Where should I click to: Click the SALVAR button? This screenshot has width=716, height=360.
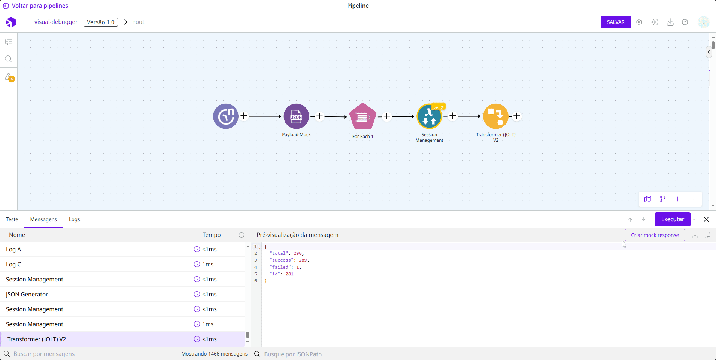point(615,22)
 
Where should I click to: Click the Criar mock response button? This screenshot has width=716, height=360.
point(655,235)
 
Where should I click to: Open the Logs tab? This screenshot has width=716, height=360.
point(74,219)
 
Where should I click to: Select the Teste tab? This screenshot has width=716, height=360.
point(12,219)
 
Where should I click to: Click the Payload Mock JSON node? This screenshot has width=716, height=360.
point(296,116)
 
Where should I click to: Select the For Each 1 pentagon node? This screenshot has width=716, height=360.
point(362,117)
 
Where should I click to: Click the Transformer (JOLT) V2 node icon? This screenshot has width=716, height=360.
point(495,116)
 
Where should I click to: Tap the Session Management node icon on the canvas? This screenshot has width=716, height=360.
point(429,116)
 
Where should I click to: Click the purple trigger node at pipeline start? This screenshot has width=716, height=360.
point(226,116)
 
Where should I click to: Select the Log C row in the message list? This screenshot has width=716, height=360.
point(13,264)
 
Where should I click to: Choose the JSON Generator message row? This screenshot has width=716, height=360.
point(27,294)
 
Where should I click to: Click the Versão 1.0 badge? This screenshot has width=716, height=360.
point(100,22)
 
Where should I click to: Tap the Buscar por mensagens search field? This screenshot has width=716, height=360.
point(75,354)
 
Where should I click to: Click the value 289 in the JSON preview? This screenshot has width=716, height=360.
point(303,260)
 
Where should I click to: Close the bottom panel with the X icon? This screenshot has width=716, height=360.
point(706,219)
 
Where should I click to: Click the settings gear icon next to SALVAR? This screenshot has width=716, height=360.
point(639,22)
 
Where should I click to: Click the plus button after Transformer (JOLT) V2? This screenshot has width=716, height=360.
point(517,116)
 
